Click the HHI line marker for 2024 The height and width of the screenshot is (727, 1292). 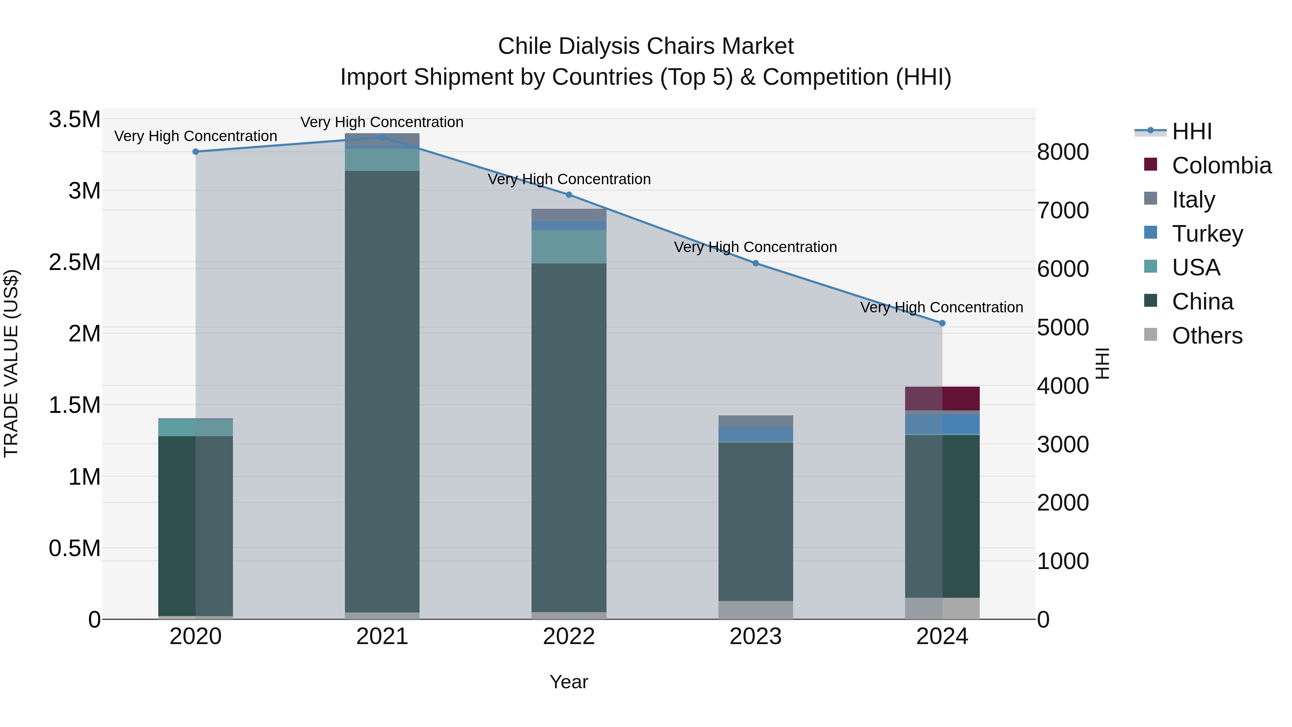click(x=942, y=323)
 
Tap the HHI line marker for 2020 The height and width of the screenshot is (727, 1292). click(x=196, y=152)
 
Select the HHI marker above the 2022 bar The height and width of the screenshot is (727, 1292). click(x=569, y=195)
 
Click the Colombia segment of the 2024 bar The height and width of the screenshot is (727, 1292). click(x=942, y=399)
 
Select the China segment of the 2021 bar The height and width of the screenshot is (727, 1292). click(x=382, y=391)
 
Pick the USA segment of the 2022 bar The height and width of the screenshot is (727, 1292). click(x=569, y=247)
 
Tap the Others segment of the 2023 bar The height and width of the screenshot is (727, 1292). click(x=755, y=610)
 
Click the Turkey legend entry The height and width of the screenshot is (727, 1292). click(x=1207, y=233)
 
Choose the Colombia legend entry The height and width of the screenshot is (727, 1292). click(x=1221, y=165)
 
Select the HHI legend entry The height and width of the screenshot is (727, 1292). click(x=1191, y=131)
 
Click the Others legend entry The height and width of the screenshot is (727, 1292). click(x=1207, y=335)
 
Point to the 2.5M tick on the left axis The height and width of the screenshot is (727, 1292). click(x=74, y=262)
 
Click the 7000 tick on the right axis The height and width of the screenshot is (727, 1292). click(x=1062, y=210)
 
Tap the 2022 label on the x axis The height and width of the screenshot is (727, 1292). click(x=569, y=637)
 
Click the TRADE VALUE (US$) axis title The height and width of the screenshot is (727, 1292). click(x=11, y=363)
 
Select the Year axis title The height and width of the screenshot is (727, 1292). click(x=569, y=682)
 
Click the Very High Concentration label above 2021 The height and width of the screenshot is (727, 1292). click(x=382, y=122)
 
